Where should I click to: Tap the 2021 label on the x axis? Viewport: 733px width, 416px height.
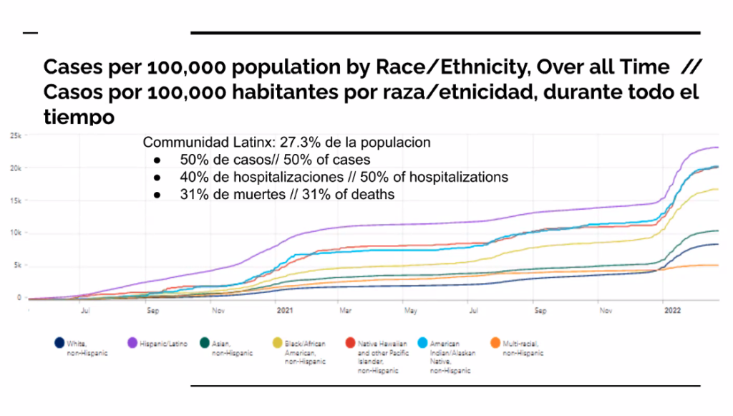point(284,311)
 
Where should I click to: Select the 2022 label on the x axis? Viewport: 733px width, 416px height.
point(672,311)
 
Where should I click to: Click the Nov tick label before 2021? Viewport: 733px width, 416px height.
point(218,311)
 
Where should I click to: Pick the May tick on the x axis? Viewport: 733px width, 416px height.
point(411,311)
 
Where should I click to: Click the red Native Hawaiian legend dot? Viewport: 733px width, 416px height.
point(351,344)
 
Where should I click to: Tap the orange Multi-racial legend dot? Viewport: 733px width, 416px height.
point(496,344)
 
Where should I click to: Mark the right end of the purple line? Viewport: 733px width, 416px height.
point(718,147)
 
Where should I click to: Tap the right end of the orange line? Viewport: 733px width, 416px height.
point(718,266)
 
